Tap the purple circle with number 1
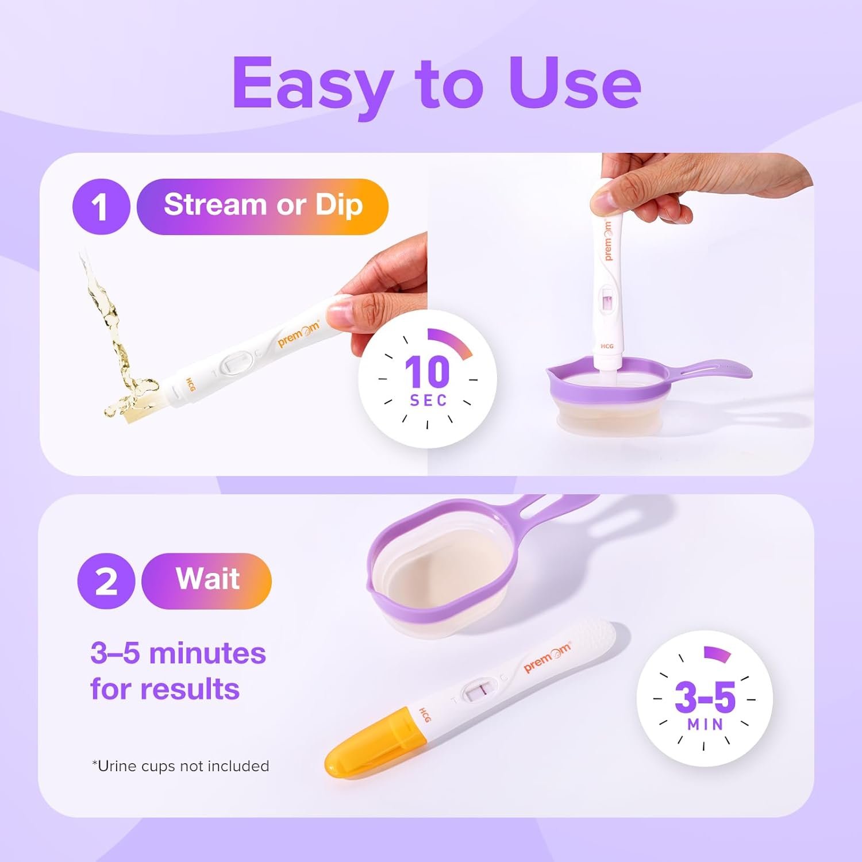(x=101, y=206)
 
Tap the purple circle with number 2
(x=106, y=581)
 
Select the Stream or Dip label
(x=263, y=206)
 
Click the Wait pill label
(x=206, y=581)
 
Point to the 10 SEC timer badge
(x=428, y=379)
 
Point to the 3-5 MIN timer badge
(x=705, y=698)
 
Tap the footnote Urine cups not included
(x=180, y=766)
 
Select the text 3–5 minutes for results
(x=178, y=671)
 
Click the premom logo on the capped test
(x=548, y=657)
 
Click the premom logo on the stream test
(x=299, y=334)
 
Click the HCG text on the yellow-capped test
(x=424, y=715)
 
